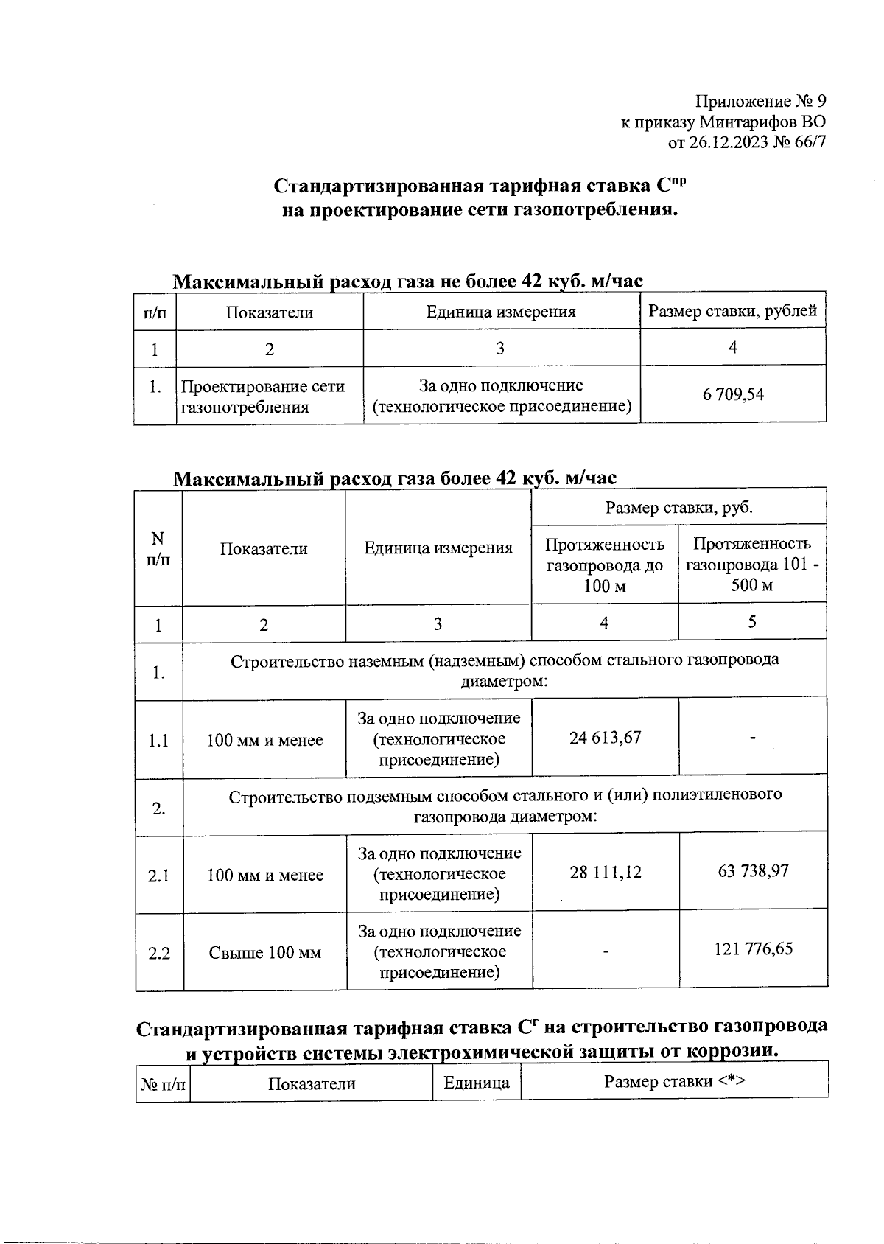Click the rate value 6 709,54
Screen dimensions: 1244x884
coord(733,394)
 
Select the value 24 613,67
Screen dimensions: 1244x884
coord(605,738)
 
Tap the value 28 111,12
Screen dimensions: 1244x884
coord(605,873)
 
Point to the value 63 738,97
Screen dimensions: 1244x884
coord(753,871)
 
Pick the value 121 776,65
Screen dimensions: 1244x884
coord(753,948)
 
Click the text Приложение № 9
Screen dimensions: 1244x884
coord(761,101)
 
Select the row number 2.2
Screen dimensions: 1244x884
coord(159,953)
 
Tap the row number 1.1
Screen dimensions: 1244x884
coord(158,740)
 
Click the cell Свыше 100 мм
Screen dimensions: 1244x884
coord(264,953)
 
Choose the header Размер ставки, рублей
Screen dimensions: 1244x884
coord(732,311)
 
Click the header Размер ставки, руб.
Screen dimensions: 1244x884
coord(678,507)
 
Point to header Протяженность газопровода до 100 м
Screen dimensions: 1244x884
coord(604,565)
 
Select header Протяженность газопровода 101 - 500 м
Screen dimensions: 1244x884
coord(752,565)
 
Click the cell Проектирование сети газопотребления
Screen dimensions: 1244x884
coord(263,396)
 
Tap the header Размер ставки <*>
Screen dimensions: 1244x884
coord(675,1081)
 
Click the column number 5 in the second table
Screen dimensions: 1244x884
coord(752,622)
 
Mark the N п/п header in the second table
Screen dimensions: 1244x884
coord(158,548)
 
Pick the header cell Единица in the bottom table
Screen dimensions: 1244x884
coord(477,1083)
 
